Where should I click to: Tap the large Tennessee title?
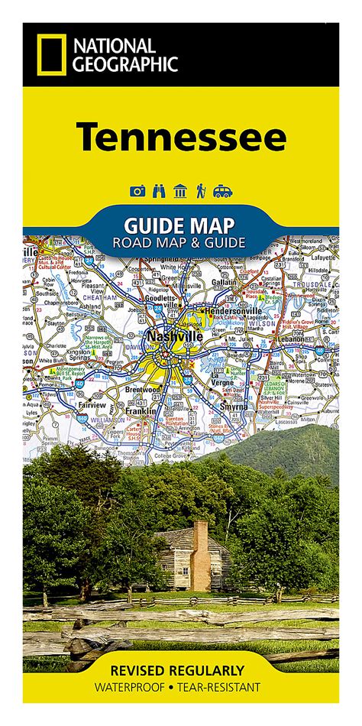(x=180, y=138)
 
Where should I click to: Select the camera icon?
(x=137, y=192)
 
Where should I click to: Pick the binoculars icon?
(x=159, y=192)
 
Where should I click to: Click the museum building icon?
(x=180, y=192)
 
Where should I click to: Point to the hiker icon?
(x=201, y=192)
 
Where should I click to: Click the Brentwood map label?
(x=143, y=389)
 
